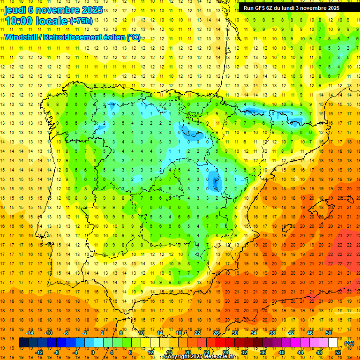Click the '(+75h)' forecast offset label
click(81, 21)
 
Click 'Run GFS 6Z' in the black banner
click(261, 8)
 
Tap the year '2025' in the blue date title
click(93, 10)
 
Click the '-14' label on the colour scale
click(30, 333)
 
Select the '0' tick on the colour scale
click(93, 352)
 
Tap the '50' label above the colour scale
click(329, 333)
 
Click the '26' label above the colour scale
click(216, 333)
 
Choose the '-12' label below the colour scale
click(39, 352)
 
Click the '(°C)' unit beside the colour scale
click(349, 343)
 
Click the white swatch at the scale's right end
click(333, 343)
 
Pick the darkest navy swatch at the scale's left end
click(23, 343)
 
